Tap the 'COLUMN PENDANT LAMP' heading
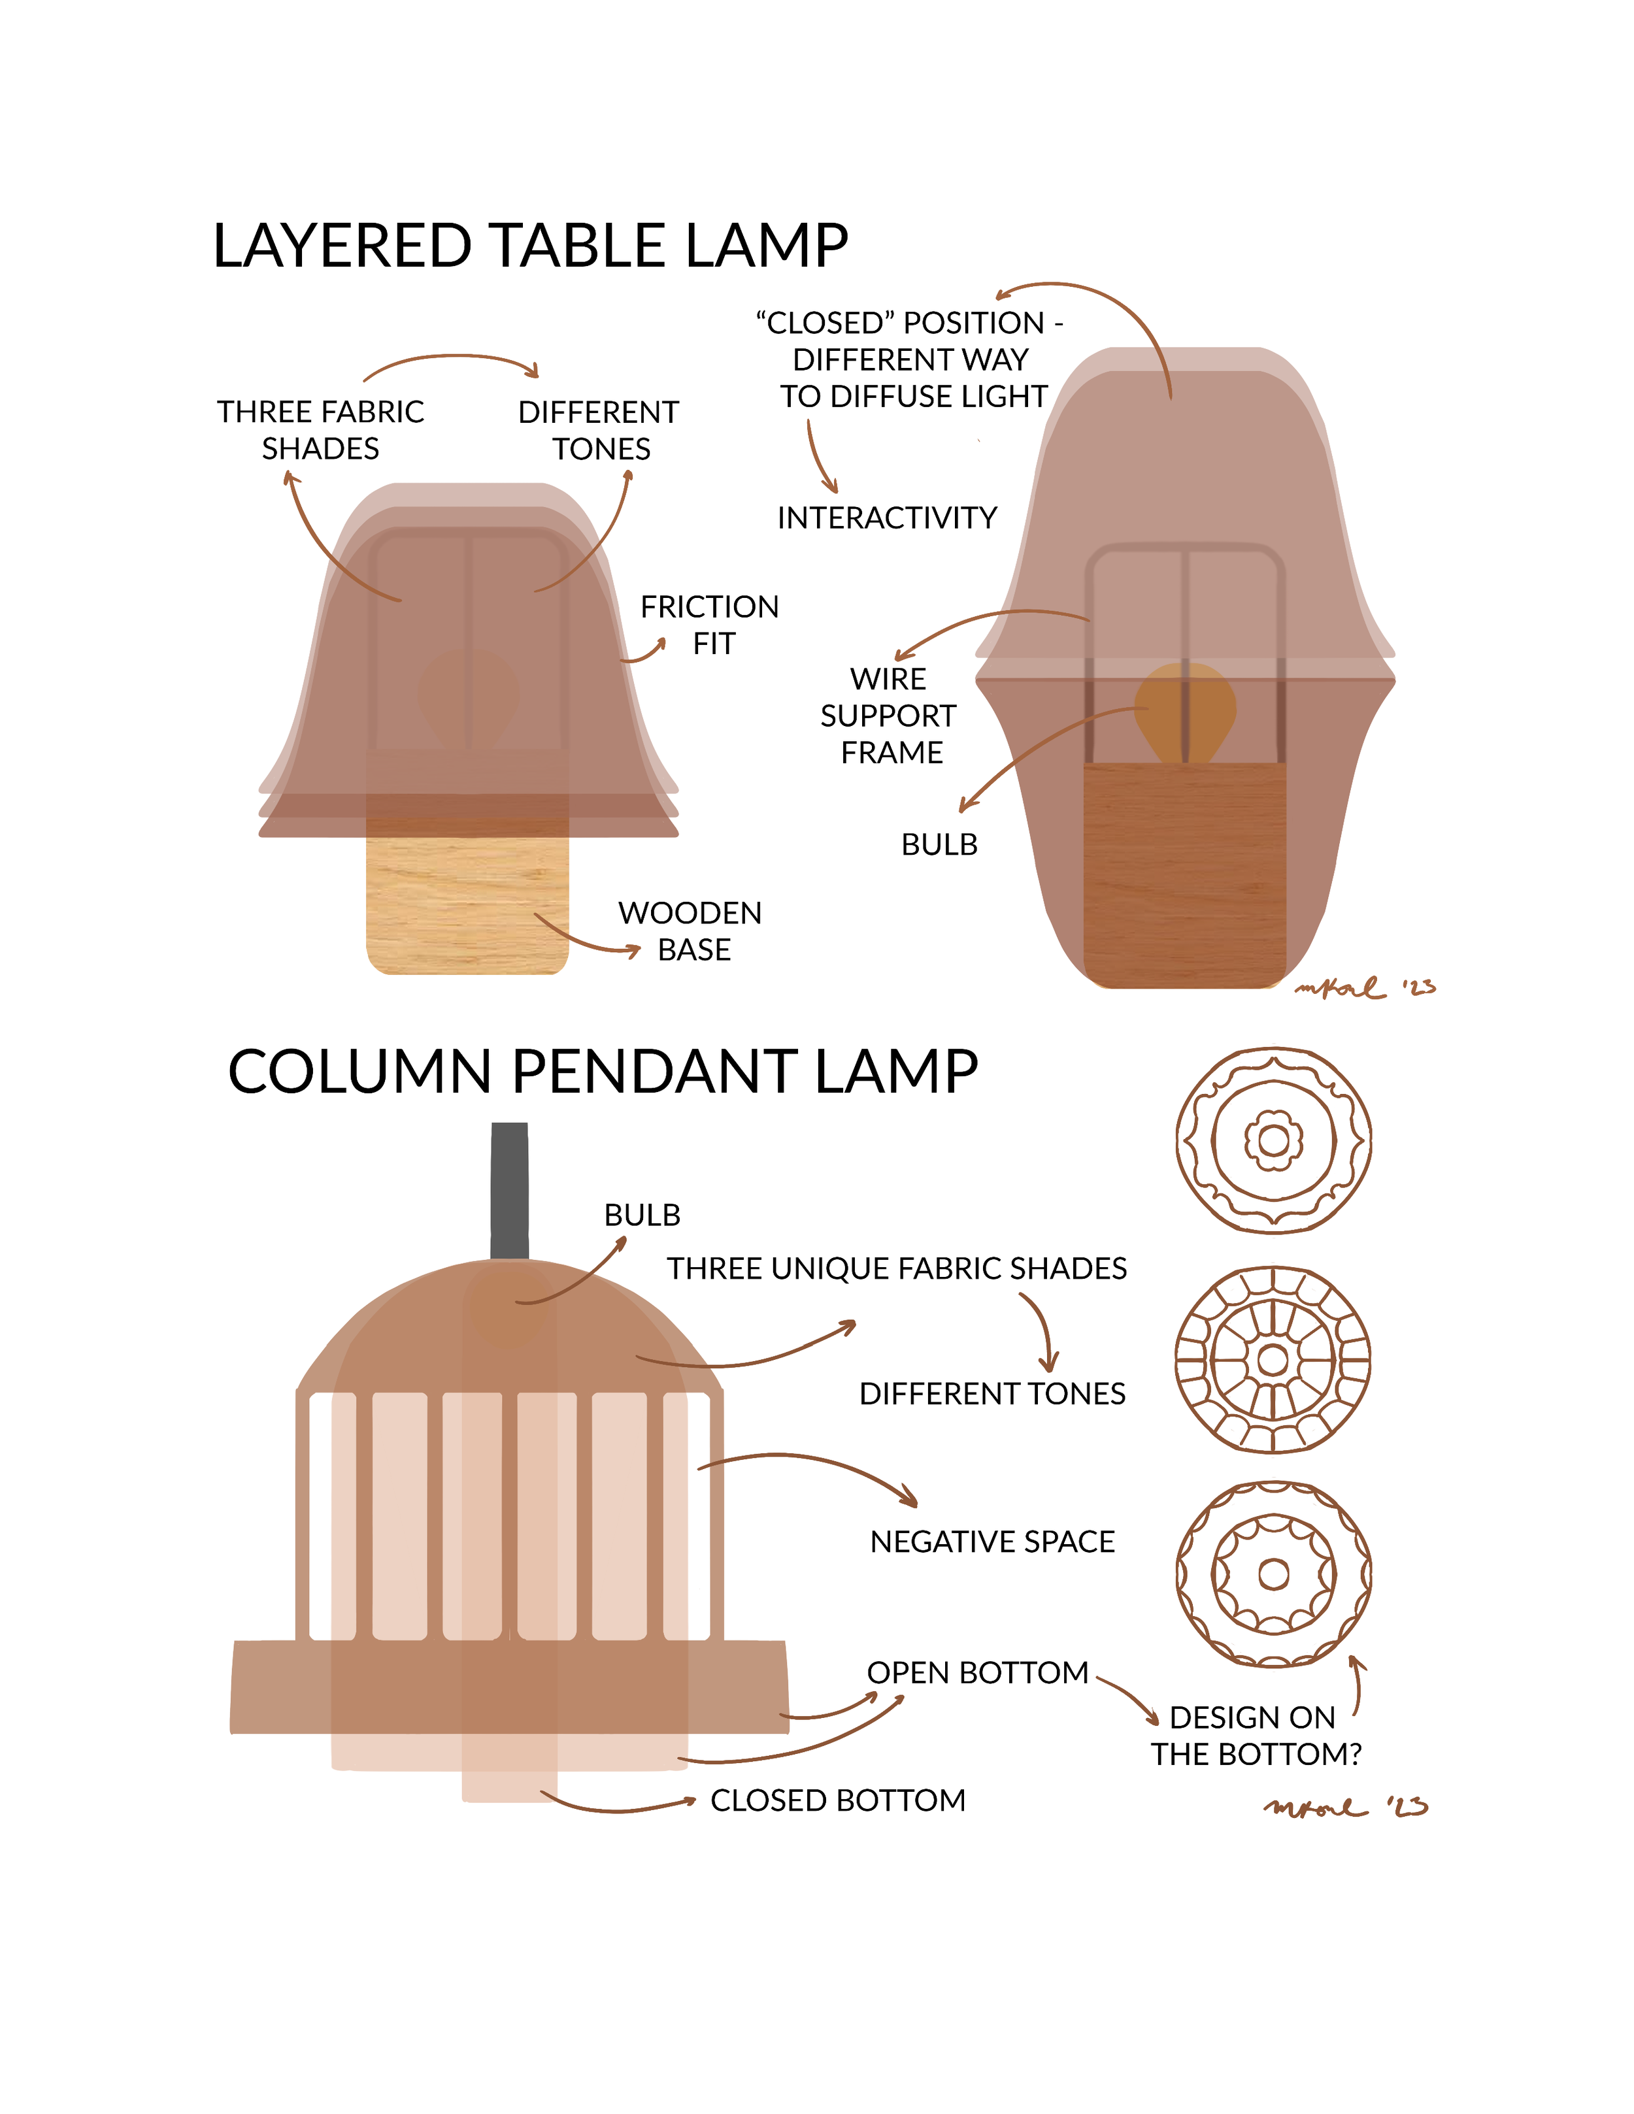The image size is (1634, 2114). click(x=602, y=1072)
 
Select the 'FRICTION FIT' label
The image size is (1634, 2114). click(x=710, y=624)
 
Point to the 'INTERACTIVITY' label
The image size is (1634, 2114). click(x=887, y=518)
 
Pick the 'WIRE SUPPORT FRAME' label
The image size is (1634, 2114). click(x=889, y=716)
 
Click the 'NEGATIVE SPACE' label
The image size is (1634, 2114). click(x=992, y=1541)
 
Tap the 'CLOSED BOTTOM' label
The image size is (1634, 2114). click(x=837, y=1800)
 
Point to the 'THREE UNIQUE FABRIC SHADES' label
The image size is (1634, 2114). click(x=896, y=1268)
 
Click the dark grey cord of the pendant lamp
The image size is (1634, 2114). click(x=509, y=1191)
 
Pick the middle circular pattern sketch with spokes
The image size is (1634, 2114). click(x=1274, y=1360)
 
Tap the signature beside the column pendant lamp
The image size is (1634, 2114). click(x=1346, y=1806)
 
